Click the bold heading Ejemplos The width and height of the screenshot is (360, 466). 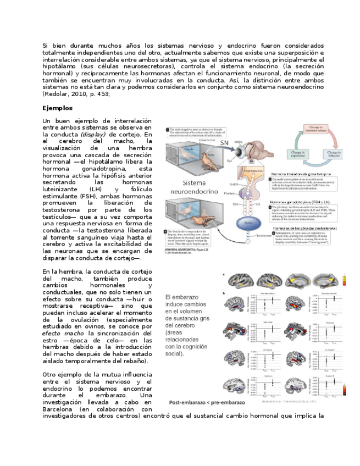58,108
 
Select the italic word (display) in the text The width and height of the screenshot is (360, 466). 92,135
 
